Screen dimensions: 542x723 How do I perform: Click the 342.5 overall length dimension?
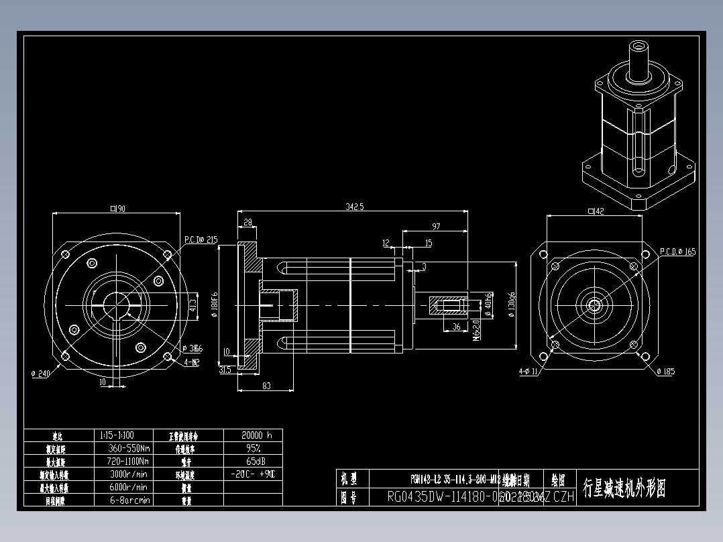[354, 207]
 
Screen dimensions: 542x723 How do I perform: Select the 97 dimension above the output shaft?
[436, 227]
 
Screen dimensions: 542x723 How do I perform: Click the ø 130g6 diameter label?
[513, 306]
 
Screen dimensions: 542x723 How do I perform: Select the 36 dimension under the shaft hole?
[456, 327]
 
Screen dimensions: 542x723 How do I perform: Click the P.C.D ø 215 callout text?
[201, 239]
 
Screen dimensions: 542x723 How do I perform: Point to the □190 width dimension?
[118, 209]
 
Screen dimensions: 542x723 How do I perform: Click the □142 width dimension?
[596, 211]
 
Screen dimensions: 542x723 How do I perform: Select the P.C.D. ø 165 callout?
[677, 252]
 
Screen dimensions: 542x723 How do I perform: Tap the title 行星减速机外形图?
[624, 488]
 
